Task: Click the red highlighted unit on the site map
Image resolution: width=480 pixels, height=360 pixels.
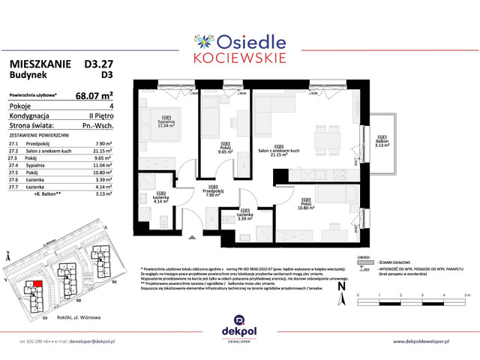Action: [x=37, y=285]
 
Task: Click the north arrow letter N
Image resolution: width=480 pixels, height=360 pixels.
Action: [x=342, y=285]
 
